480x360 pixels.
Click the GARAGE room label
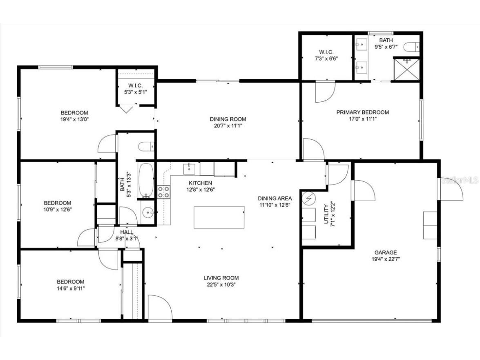point(385,253)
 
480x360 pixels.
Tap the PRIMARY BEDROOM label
point(362,112)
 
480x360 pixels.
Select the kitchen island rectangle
point(219,217)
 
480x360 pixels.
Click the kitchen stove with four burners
point(164,192)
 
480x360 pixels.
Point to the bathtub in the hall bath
point(146,180)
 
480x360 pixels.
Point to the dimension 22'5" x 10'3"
point(221,285)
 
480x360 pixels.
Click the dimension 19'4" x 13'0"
point(74,120)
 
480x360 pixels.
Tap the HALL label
point(127,232)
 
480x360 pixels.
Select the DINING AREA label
point(275,198)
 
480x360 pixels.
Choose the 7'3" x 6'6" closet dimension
point(326,58)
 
